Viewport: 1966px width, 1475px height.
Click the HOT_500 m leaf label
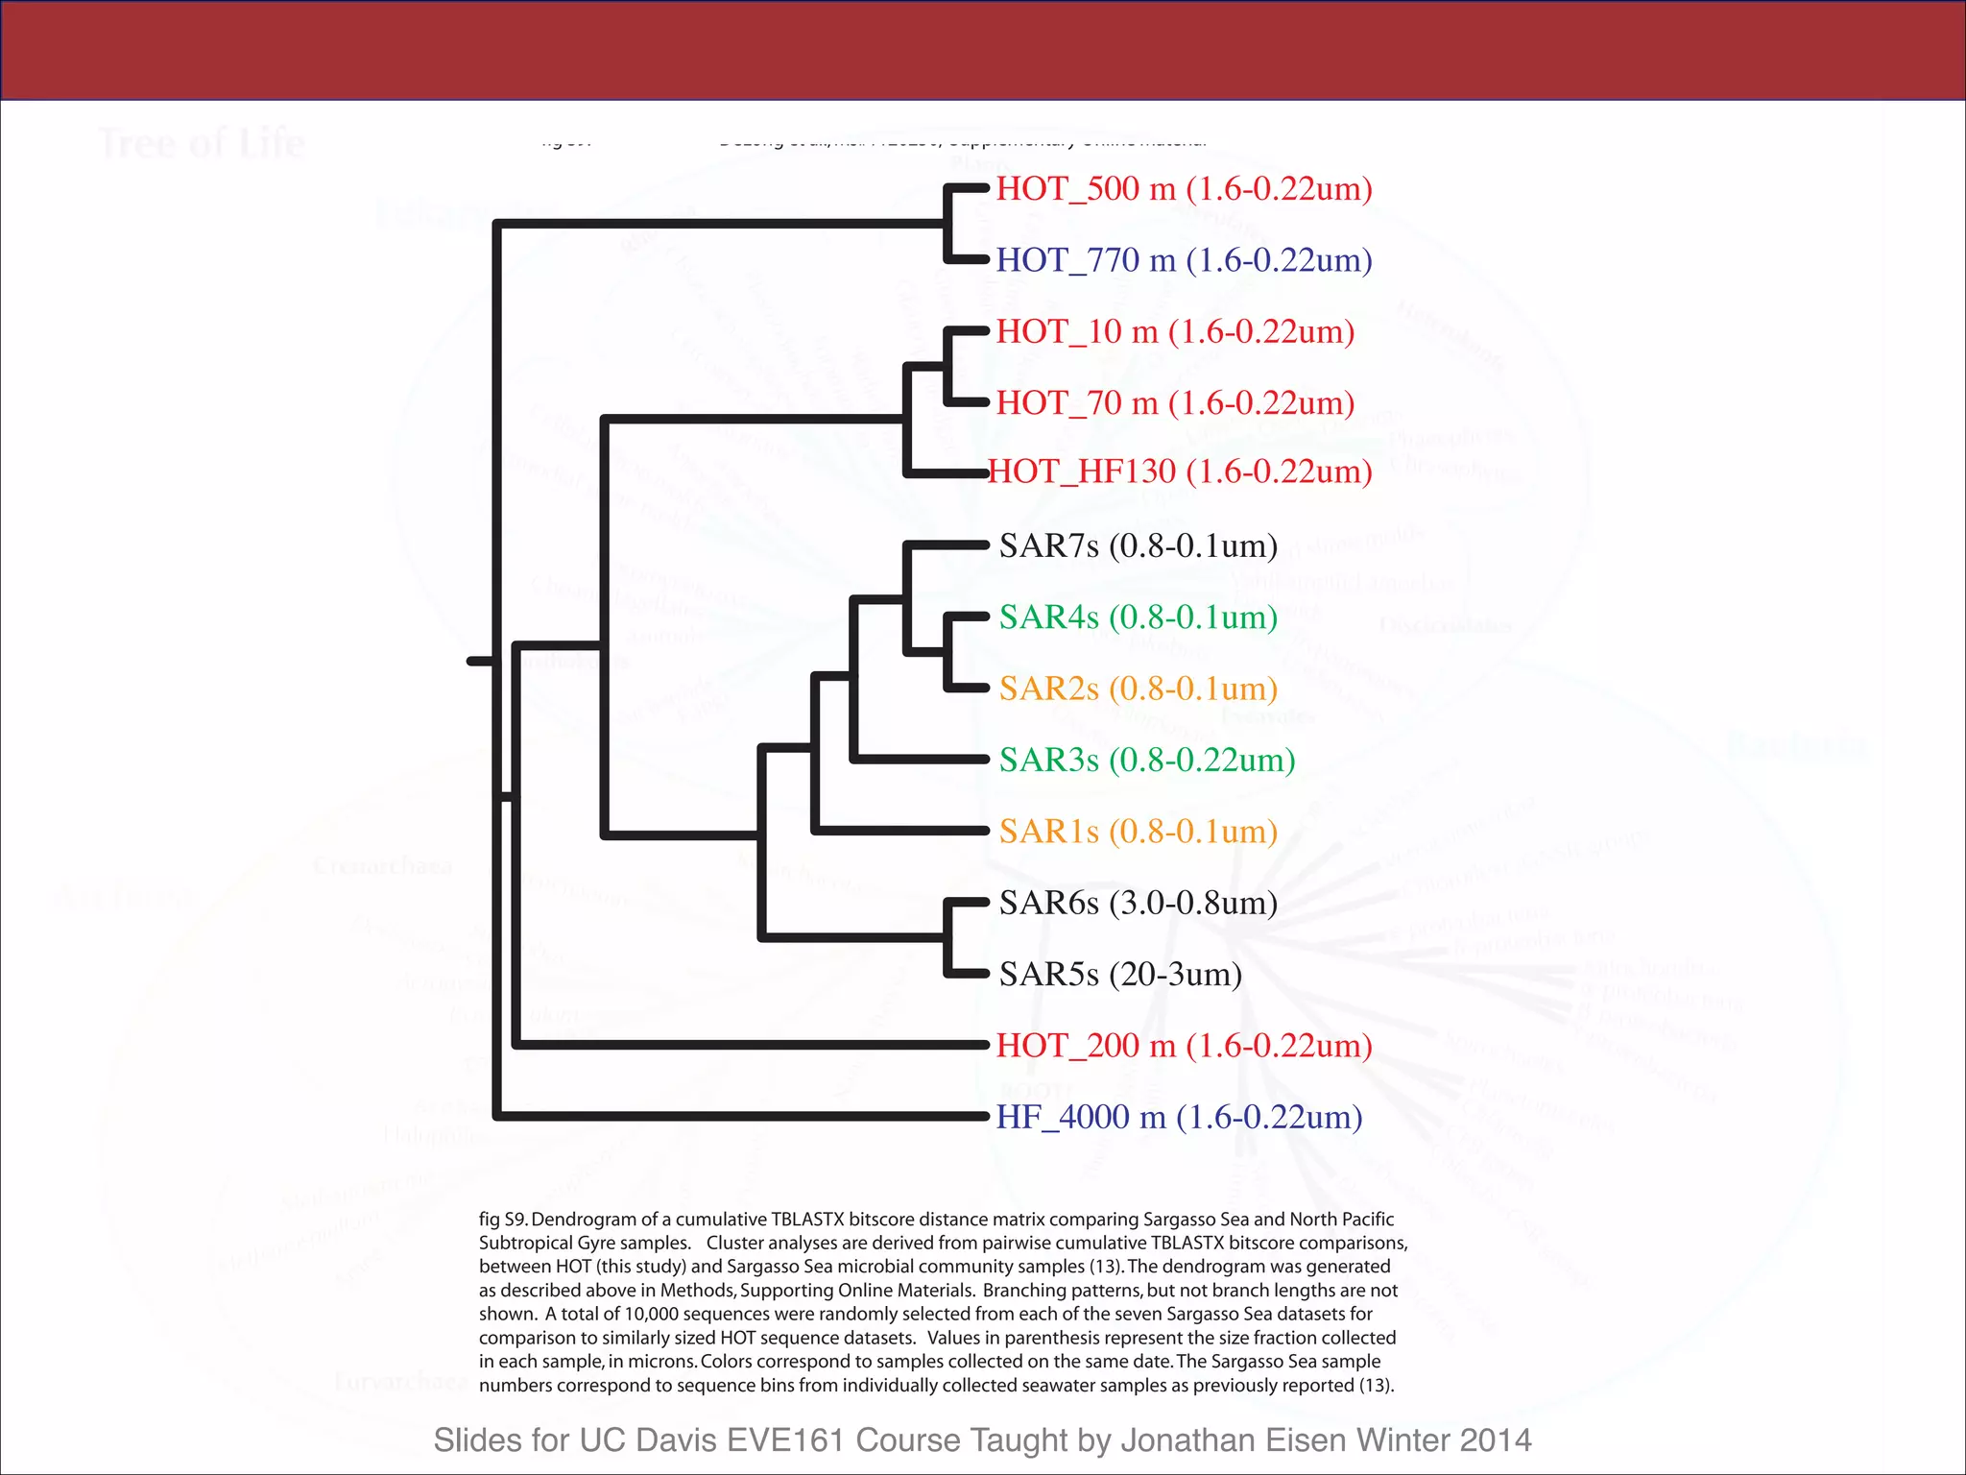tap(1184, 189)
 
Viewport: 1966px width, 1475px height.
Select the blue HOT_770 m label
tap(1184, 260)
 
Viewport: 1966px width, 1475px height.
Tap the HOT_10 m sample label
tap(1175, 332)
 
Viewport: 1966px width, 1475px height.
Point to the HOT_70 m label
tap(1175, 403)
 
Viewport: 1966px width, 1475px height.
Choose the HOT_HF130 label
tap(1180, 472)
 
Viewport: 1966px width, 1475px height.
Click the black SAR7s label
tap(1139, 546)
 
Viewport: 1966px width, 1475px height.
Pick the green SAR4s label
tap(1139, 617)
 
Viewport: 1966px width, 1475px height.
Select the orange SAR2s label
tap(1139, 689)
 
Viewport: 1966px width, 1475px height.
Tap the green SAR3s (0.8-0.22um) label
tap(1147, 761)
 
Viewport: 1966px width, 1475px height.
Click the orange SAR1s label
tap(1139, 832)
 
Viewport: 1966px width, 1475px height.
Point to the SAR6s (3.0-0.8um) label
tap(1139, 903)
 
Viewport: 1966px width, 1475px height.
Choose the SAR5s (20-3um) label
tap(1120, 975)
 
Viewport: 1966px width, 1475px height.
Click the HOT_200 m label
tap(1184, 1046)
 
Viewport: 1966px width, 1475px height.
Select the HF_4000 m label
tap(1179, 1118)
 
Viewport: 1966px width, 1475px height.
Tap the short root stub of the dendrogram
tap(480, 662)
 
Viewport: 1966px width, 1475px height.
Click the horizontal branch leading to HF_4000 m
tap(739, 1116)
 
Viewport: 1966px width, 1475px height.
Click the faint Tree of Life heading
tap(203, 144)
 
